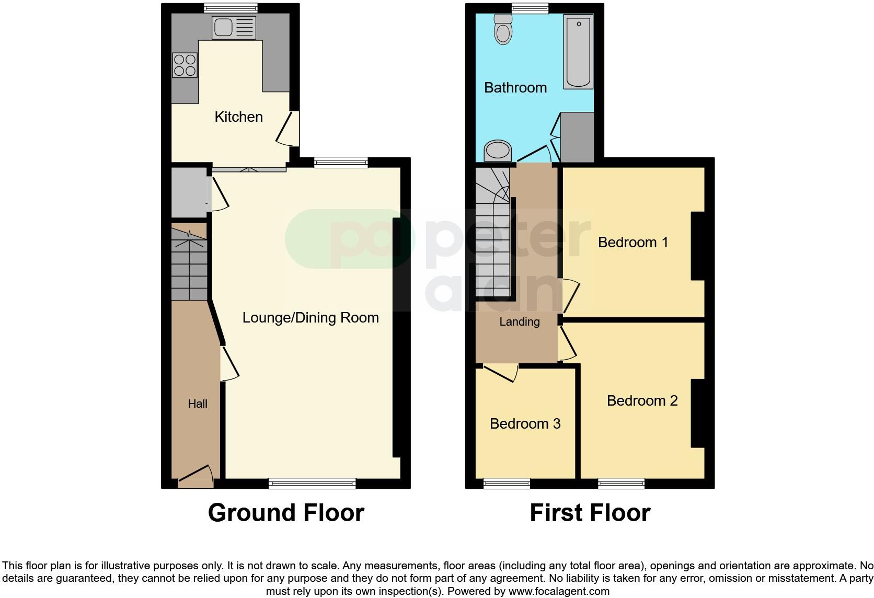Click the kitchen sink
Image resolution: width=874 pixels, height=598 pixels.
click(x=234, y=27)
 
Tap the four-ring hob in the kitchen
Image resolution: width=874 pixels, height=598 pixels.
click(x=185, y=65)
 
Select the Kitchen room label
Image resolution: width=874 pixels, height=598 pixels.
click(x=238, y=117)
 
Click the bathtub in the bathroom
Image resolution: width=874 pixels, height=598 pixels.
click(x=578, y=51)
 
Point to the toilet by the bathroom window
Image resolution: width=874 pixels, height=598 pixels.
click(x=503, y=29)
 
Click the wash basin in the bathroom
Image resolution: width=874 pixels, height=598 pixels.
click(x=498, y=152)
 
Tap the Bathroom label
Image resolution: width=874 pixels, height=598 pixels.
click(x=515, y=87)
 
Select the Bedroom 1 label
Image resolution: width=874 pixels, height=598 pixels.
click(x=633, y=242)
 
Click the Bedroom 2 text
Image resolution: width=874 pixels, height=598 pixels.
click(x=642, y=400)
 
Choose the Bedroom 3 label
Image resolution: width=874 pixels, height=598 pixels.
click(x=525, y=423)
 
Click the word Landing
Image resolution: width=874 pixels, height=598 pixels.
click(x=519, y=322)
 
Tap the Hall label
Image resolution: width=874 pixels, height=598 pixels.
click(x=198, y=404)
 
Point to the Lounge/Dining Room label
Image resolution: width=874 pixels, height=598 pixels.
click(x=310, y=318)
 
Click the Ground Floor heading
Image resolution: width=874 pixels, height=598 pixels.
click(x=286, y=513)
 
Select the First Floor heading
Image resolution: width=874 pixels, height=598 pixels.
click(x=590, y=513)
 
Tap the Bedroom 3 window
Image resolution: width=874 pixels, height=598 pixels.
click(x=507, y=484)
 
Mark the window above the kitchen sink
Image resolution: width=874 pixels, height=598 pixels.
click(x=231, y=7)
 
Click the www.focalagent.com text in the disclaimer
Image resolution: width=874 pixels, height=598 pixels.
click(x=559, y=592)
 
